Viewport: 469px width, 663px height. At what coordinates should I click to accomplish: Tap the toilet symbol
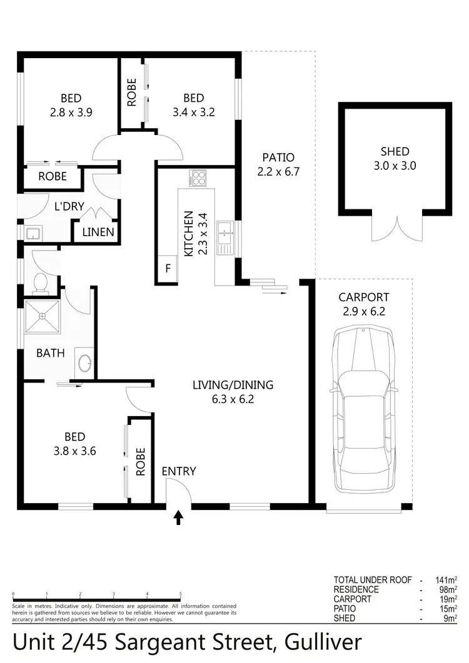tap(41, 282)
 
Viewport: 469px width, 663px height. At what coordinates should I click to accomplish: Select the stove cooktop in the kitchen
tap(198, 179)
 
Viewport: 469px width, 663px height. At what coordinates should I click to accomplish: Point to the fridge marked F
tap(167, 269)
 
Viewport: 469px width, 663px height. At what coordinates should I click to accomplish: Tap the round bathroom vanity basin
tap(83, 362)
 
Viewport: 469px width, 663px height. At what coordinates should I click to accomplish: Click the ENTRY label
tap(179, 472)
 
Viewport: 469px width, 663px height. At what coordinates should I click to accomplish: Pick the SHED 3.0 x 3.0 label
tap(395, 159)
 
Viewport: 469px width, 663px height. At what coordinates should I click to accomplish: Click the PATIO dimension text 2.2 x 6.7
tap(278, 171)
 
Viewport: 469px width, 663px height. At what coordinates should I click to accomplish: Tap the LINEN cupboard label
tap(98, 232)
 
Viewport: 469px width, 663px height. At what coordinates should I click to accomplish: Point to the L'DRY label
tap(69, 206)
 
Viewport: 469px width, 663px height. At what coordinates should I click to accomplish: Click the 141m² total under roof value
tap(446, 580)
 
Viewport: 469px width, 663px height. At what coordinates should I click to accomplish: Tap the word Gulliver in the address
tap(322, 642)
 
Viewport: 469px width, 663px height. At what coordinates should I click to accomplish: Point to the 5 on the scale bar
tap(181, 594)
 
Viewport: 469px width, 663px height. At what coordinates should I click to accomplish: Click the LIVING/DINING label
tap(233, 385)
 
